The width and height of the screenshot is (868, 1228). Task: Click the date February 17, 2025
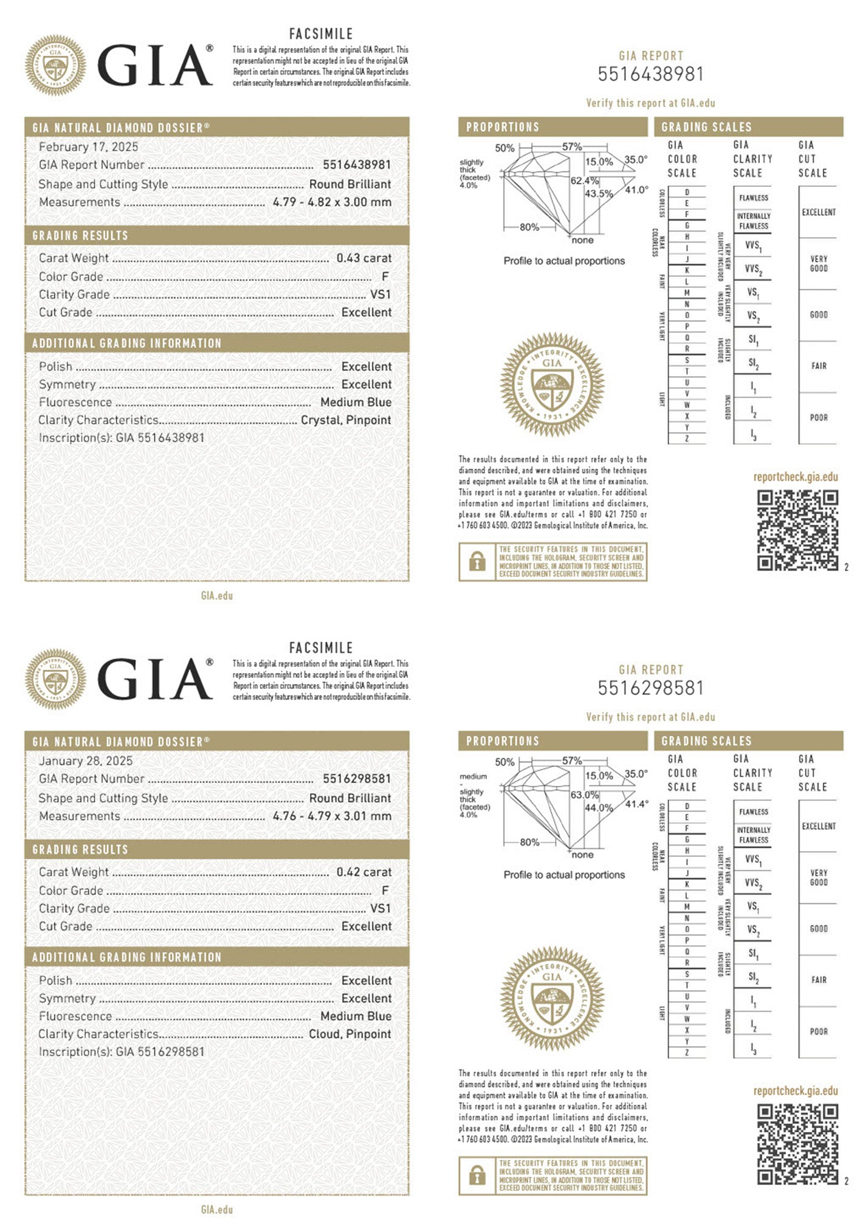point(88,147)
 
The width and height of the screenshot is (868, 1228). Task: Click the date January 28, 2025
point(86,761)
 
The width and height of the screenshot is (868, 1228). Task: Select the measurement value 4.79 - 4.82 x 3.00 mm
point(332,202)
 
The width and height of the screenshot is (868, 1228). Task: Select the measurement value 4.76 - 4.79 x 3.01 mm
point(332,816)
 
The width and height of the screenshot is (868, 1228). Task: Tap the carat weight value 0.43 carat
point(363,258)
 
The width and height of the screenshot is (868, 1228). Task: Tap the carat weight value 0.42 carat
point(363,872)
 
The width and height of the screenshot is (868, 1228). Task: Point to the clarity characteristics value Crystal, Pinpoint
point(346,419)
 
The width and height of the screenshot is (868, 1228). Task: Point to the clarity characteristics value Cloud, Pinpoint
point(350,1033)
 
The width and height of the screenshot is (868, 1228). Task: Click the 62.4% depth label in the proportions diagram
point(584,181)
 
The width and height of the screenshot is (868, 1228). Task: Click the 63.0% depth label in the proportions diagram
point(584,795)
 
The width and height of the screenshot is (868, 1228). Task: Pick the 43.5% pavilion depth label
point(599,193)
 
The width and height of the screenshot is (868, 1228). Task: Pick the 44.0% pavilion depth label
point(599,807)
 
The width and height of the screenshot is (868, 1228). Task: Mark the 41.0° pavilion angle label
point(636,190)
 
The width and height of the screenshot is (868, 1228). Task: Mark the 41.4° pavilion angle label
point(636,804)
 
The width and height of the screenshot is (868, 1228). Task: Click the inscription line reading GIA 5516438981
point(122,437)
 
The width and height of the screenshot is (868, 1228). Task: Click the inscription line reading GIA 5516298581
point(122,1051)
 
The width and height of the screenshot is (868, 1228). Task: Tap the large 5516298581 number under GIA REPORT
point(650,688)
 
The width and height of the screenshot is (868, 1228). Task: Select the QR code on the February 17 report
point(797,530)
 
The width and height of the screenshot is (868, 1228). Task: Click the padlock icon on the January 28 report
point(477,1175)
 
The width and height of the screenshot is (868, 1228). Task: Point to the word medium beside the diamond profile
point(473,776)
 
